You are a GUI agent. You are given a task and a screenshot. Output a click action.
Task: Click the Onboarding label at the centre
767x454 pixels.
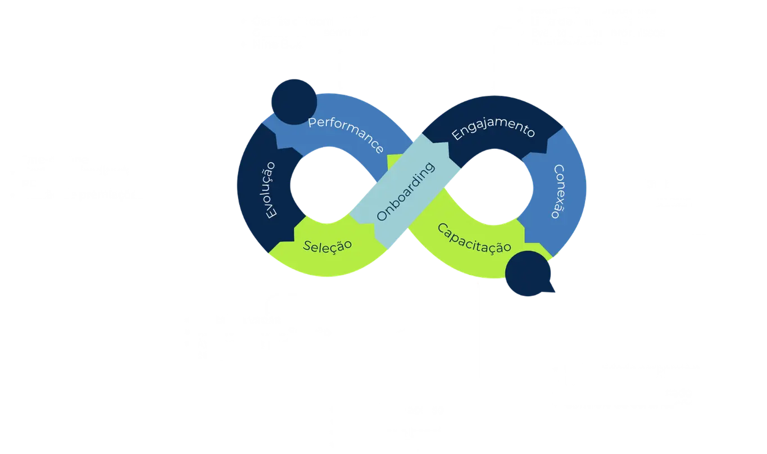click(406, 191)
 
